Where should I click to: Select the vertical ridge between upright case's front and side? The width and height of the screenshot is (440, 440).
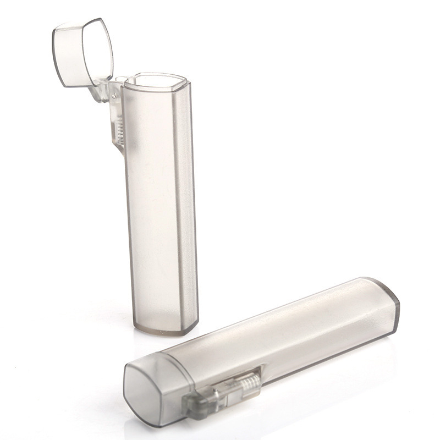177,204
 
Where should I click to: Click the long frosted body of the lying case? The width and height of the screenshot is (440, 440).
286,335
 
